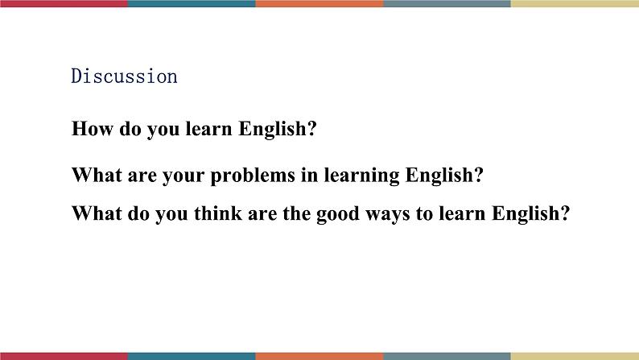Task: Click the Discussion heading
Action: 124,77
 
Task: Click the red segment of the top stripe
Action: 64,3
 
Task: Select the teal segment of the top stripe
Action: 192,3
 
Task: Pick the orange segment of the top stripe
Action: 319,3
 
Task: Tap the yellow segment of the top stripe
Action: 575,3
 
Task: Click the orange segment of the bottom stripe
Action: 319,356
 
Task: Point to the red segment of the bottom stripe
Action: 64,356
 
